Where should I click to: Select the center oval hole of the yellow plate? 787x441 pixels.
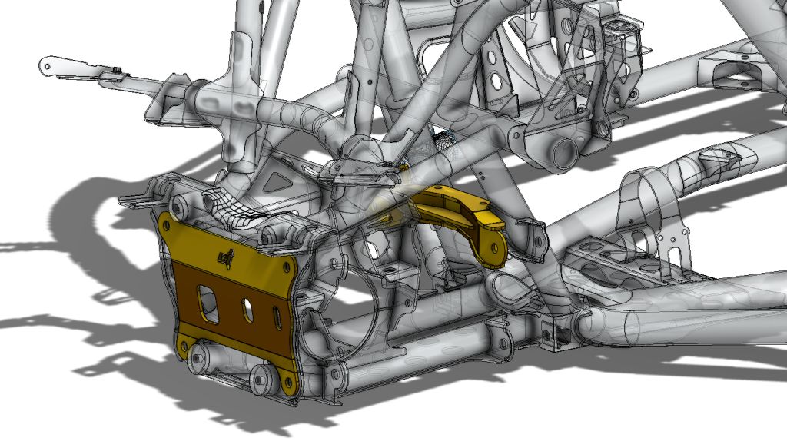click(248, 309)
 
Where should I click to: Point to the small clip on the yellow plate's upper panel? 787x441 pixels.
click(224, 260)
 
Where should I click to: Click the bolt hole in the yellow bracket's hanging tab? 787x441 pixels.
click(493, 250)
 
